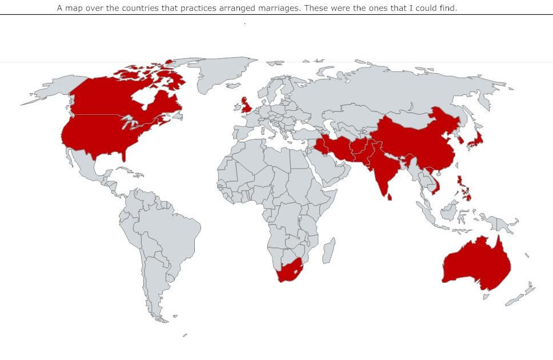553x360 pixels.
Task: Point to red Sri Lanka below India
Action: (390, 197)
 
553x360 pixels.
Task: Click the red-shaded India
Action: (383, 169)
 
